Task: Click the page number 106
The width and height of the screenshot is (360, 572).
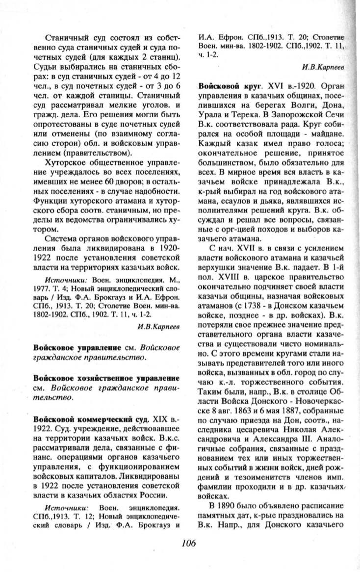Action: click(189, 542)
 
